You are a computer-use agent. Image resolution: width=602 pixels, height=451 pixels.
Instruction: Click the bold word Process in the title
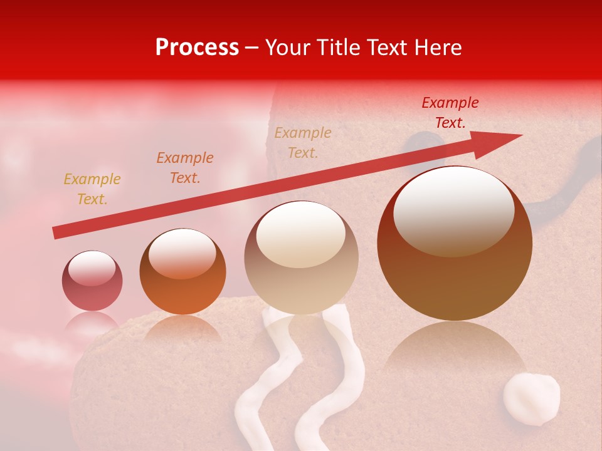(197, 48)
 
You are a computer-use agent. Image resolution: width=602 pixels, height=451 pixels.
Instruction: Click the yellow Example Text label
(92, 189)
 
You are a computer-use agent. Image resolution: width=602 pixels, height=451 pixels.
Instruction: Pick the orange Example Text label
(185, 168)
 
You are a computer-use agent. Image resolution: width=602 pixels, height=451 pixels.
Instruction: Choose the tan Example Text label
(303, 142)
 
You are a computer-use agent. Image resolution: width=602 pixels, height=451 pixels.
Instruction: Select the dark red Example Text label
(450, 113)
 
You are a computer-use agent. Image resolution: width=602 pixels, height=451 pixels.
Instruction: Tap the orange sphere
(182, 271)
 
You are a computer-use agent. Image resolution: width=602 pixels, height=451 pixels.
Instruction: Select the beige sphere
(301, 257)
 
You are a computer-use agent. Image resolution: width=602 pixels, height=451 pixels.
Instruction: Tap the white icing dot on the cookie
(532, 398)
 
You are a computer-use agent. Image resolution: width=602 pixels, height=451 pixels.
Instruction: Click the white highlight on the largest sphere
(453, 210)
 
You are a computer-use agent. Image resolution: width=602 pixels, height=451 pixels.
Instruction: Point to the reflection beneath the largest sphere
(455, 351)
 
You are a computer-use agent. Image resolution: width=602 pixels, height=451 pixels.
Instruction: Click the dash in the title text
(252, 48)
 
